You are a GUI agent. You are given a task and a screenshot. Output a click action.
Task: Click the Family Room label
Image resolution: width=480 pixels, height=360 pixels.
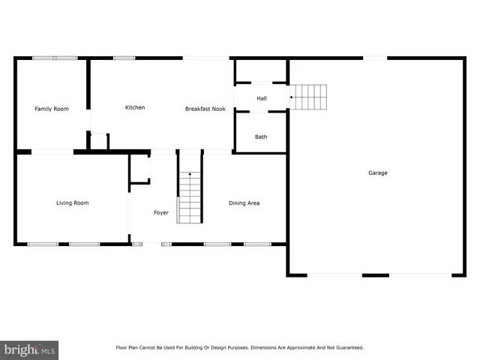pyautogui.click(x=52, y=109)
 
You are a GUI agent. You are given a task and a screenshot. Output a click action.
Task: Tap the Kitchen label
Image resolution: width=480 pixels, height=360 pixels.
pyautogui.click(x=135, y=107)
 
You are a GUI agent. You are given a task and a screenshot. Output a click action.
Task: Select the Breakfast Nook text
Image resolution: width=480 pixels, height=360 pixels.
pyautogui.click(x=205, y=109)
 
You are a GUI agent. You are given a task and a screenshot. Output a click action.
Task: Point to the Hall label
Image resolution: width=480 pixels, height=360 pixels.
pyautogui.click(x=262, y=98)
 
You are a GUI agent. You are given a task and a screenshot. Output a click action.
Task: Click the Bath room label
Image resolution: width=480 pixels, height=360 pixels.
pyautogui.click(x=261, y=136)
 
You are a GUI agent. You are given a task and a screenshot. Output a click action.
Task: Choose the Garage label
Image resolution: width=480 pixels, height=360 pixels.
pyautogui.click(x=377, y=172)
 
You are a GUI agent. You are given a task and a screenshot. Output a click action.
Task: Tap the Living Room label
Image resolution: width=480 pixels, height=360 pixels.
pyautogui.click(x=73, y=202)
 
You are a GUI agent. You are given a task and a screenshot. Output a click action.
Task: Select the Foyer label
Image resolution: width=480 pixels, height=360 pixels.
pyautogui.click(x=161, y=213)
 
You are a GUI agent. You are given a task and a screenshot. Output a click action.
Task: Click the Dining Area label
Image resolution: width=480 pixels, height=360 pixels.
pyautogui.click(x=244, y=202)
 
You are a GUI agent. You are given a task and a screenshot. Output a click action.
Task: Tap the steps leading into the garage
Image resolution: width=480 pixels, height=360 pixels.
pyautogui.click(x=310, y=97)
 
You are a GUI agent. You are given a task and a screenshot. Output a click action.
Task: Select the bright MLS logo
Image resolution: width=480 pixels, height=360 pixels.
pyautogui.click(x=29, y=349)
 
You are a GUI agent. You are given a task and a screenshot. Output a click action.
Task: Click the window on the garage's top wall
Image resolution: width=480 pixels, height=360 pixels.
pyautogui.click(x=375, y=58)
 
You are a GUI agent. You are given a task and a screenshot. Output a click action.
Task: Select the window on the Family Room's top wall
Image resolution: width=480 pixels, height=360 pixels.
pyautogui.click(x=54, y=58)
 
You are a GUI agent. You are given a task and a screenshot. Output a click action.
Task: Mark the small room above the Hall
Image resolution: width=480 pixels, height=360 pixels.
pyautogui.click(x=261, y=70)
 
